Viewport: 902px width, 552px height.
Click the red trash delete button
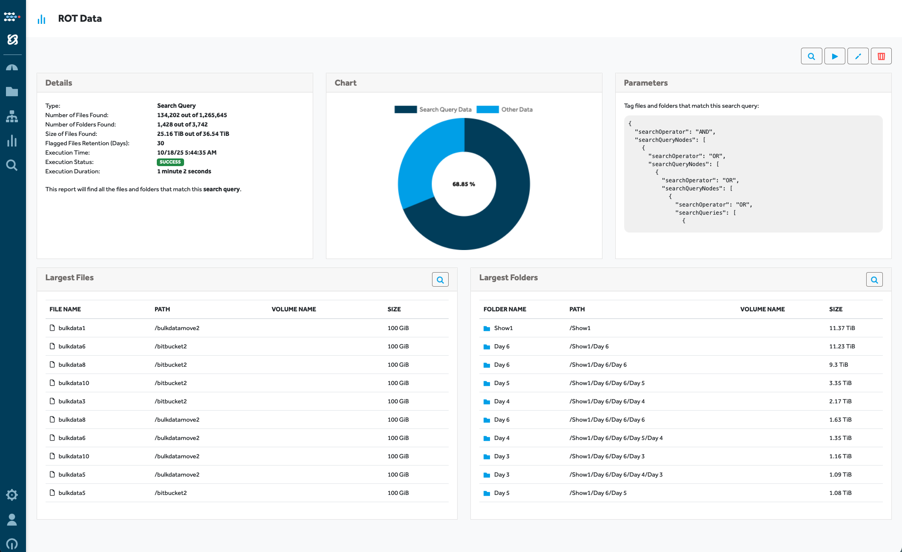click(881, 56)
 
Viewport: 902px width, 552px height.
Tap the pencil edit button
click(858, 56)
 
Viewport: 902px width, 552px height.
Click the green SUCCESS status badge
click(170, 162)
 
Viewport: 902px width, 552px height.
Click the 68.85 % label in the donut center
click(464, 184)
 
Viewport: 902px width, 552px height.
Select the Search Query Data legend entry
click(433, 109)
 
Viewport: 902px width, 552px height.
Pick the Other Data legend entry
click(505, 109)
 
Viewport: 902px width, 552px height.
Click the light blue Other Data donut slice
click(422, 162)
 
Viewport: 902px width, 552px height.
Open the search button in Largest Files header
click(440, 280)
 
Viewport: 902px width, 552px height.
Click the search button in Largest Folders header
click(874, 280)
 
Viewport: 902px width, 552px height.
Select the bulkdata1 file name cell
click(72, 328)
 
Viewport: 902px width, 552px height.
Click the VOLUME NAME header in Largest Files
click(294, 309)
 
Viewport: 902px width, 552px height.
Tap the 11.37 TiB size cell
click(842, 328)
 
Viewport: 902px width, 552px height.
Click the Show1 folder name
click(503, 328)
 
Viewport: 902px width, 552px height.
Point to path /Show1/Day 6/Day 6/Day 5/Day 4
click(616, 438)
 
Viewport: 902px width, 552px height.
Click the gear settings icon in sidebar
click(12, 495)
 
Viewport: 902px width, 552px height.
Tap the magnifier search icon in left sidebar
click(12, 165)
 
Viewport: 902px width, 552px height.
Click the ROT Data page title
click(80, 18)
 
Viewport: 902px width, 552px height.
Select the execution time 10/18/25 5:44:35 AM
click(187, 152)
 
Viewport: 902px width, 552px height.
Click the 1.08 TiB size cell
click(840, 493)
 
